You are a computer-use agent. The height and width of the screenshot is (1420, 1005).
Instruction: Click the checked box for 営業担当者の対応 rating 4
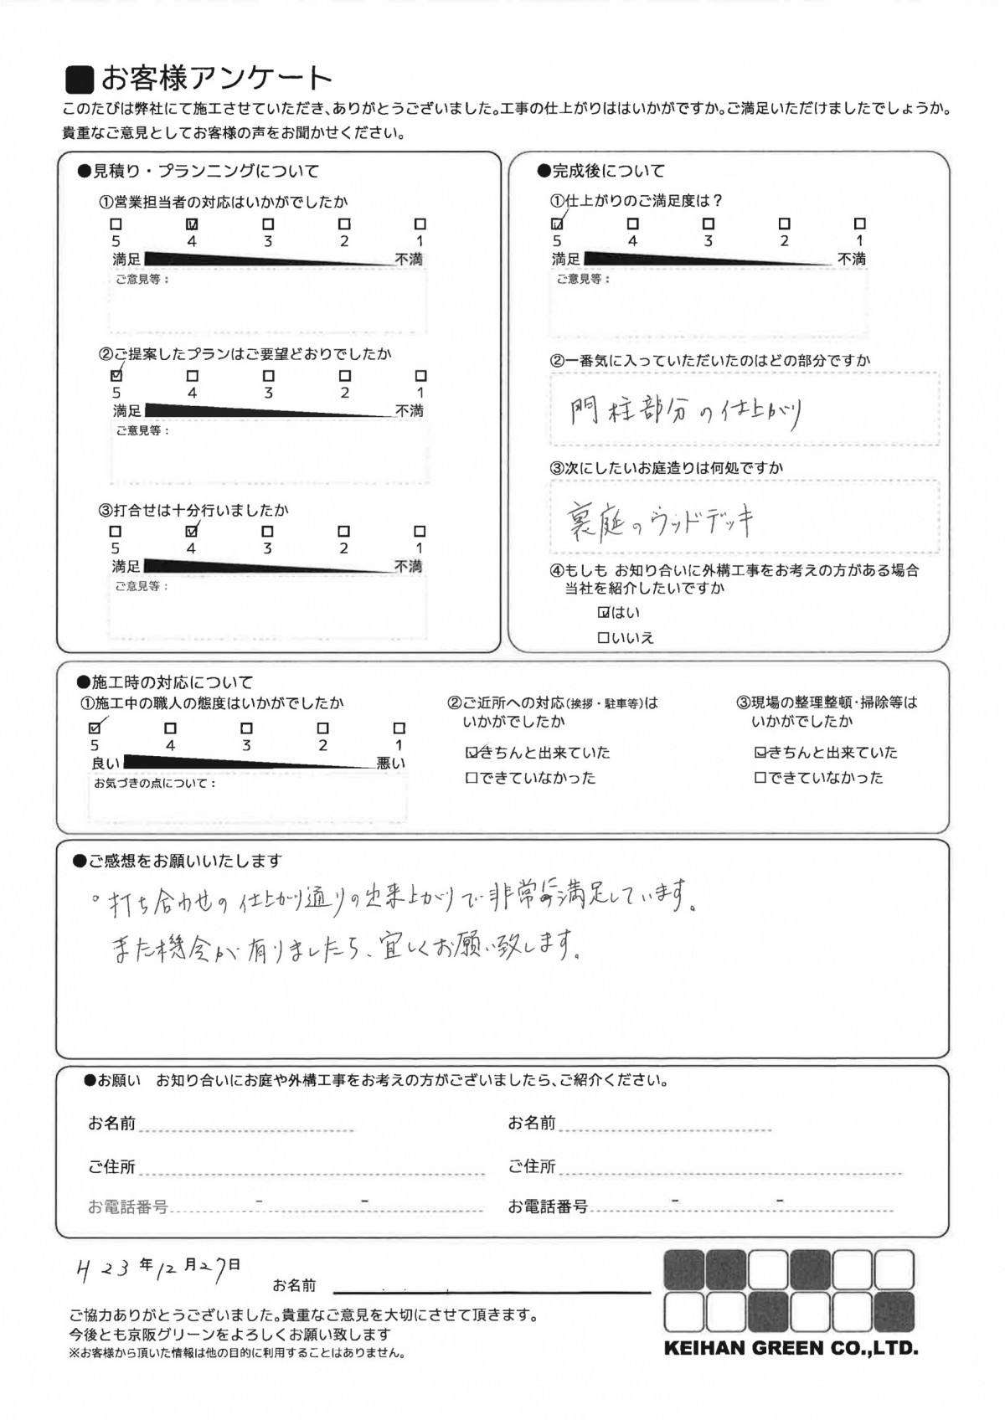[192, 224]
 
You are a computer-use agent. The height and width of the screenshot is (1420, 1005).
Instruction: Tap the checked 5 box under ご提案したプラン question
[116, 376]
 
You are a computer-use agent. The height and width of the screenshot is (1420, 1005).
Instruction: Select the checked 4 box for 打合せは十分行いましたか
[192, 531]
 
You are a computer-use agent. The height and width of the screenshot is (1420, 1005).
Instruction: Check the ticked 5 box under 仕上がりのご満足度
[557, 224]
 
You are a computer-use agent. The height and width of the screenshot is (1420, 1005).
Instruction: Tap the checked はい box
[602, 613]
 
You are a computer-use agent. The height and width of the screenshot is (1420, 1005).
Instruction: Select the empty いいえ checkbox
[602, 638]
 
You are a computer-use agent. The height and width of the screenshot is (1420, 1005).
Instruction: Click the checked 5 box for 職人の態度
[95, 728]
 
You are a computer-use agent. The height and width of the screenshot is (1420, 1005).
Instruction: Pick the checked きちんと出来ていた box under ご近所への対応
[471, 753]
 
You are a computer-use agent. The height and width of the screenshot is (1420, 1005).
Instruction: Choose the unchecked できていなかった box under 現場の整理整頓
[760, 778]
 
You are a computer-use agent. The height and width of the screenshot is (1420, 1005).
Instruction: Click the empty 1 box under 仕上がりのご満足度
[859, 224]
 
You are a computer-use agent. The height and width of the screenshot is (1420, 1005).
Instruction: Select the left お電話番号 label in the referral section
[127, 1206]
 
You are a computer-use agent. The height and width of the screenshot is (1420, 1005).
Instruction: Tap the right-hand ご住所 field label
[531, 1166]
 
